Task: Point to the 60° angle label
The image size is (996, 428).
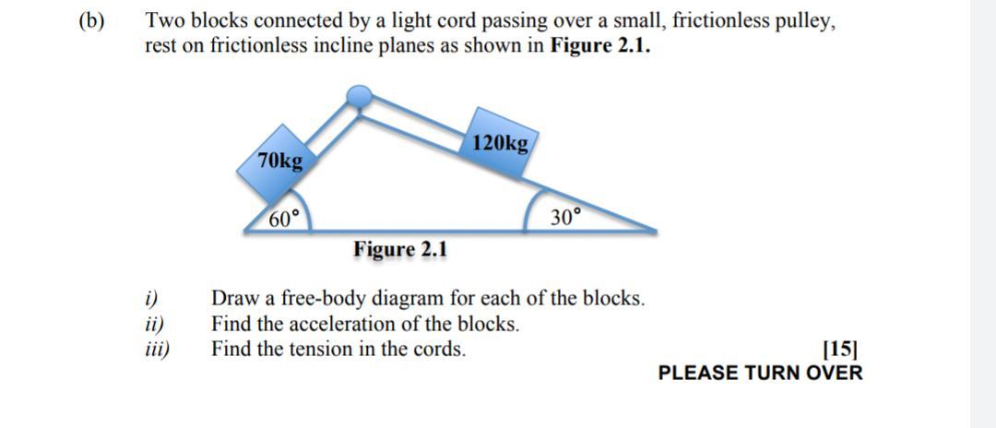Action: coord(284,219)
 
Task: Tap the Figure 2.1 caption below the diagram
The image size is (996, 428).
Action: coord(400,249)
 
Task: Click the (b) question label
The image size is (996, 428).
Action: coord(92,21)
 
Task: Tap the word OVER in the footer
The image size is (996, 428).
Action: coord(835,373)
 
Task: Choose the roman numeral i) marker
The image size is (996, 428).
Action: coord(152,299)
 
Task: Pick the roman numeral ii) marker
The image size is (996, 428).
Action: coord(155,324)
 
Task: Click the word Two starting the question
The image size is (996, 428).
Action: coord(165,21)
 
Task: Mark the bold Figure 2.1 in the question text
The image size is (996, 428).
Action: coord(599,46)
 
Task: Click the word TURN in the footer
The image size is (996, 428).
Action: coord(768,373)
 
